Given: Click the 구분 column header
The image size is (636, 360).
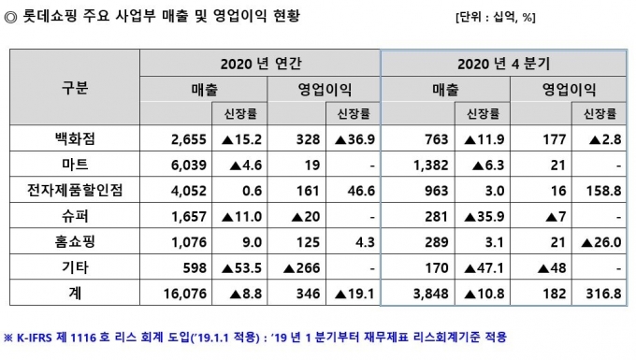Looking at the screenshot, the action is (x=75, y=88).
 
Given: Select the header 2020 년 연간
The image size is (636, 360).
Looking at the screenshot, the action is (x=261, y=64).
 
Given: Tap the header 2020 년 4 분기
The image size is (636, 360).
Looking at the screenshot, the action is (x=504, y=64).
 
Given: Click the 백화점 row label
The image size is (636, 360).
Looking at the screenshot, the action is (x=75, y=138).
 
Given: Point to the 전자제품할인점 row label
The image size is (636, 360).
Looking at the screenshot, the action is (x=75, y=190).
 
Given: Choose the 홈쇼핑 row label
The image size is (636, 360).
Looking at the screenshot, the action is (x=75, y=241).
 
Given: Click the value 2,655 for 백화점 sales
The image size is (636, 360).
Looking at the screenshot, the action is (x=189, y=139).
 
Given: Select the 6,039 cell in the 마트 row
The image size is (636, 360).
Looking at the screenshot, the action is (x=189, y=165).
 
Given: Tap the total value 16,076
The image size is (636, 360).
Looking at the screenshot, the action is (x=185, y=293).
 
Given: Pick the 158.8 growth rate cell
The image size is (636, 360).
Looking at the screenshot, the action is (x=603, y=191).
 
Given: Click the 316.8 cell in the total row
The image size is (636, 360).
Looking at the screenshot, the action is (x=603, y=293).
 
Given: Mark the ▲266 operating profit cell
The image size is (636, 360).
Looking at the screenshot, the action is (x=302, y=268).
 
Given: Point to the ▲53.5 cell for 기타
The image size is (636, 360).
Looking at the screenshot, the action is (x=241, y=268).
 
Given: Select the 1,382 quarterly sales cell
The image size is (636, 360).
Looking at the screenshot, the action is (x=431, y=165).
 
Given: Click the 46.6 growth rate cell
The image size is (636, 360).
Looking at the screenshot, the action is (x=361, y=191).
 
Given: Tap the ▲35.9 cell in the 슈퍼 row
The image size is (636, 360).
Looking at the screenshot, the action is (x=484, y=217).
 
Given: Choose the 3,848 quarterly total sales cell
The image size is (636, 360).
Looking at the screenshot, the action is (x=431, y=293).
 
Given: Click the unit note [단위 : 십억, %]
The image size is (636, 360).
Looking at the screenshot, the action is (x=496, y=18).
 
